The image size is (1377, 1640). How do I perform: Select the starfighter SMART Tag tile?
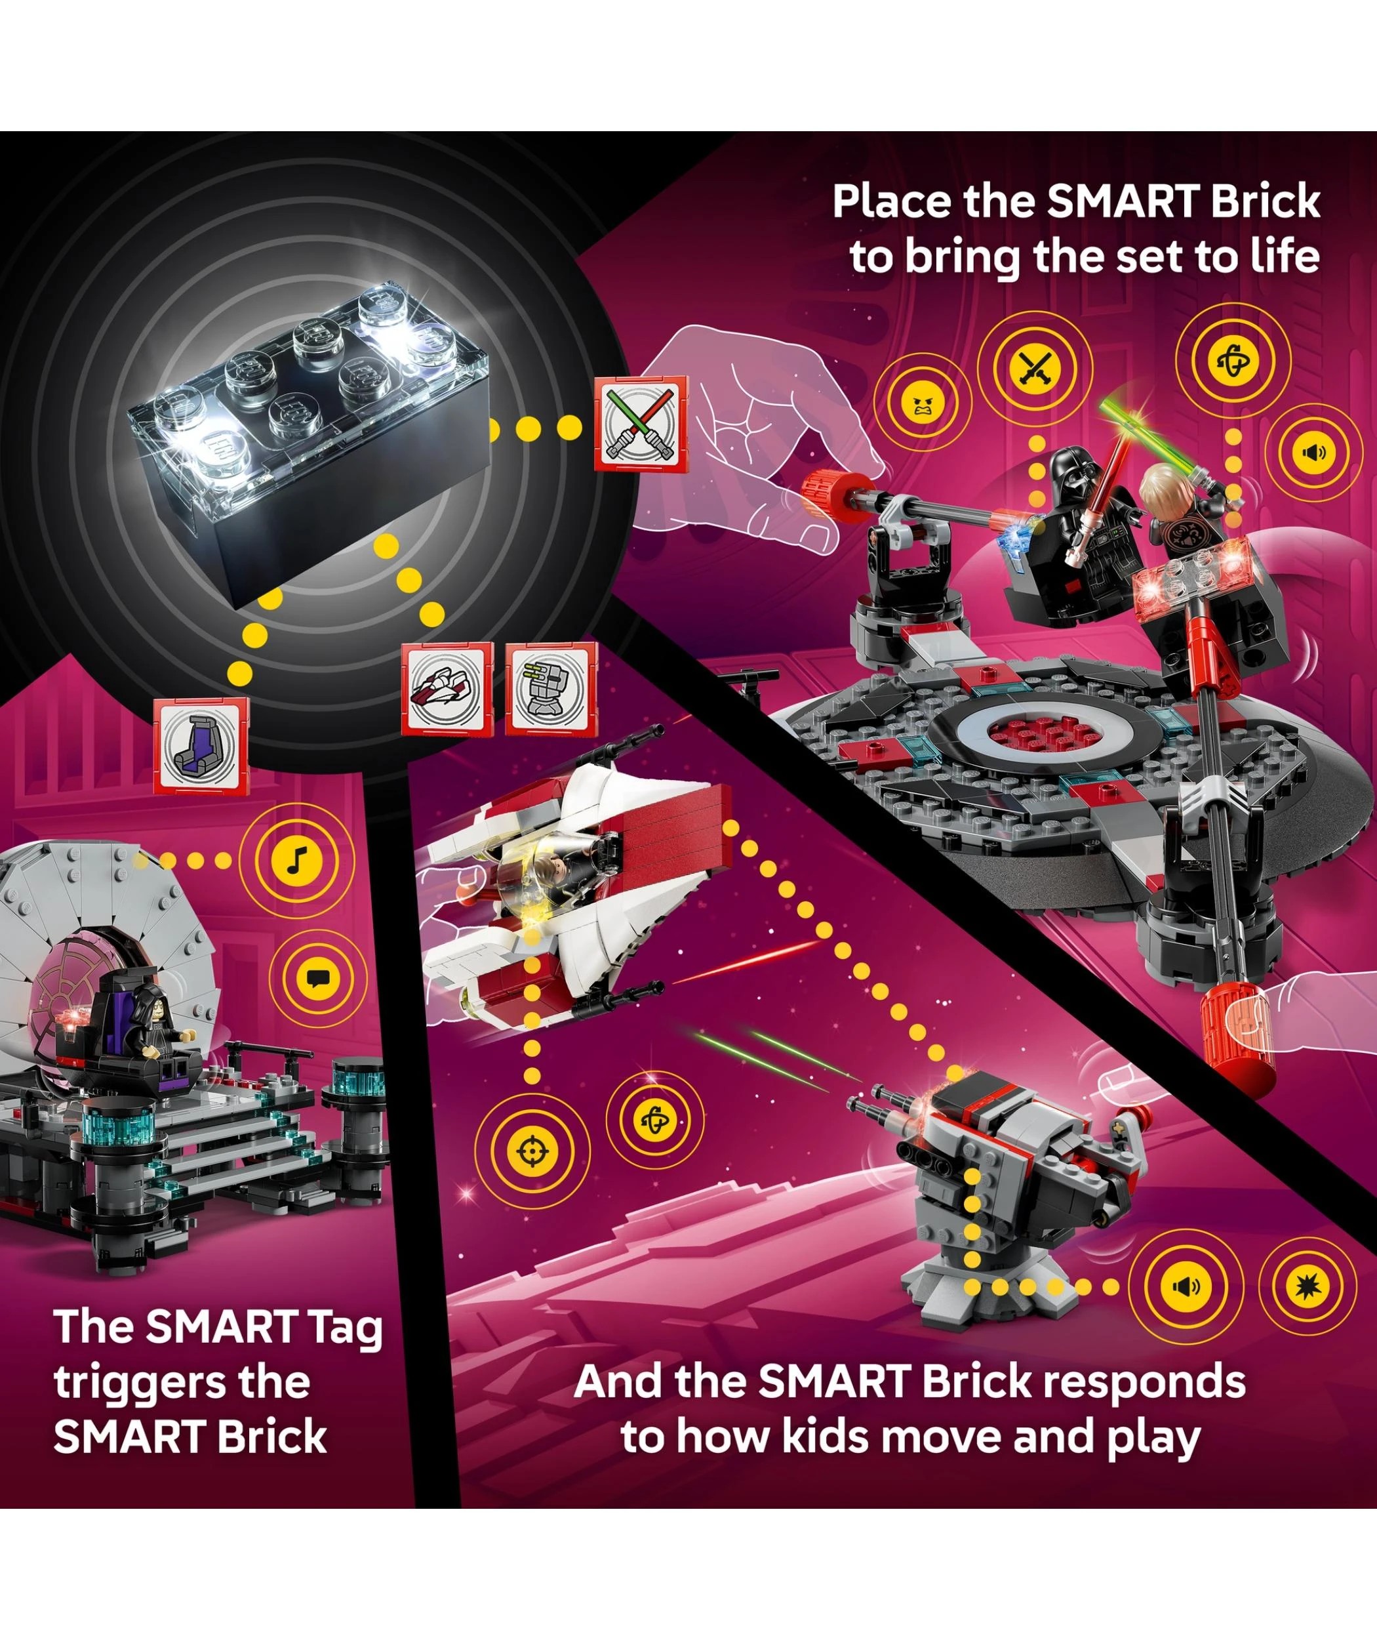[447, 689]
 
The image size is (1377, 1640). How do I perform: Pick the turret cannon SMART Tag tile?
[551, 688]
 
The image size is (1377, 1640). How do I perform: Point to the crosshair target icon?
[531, 1151]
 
